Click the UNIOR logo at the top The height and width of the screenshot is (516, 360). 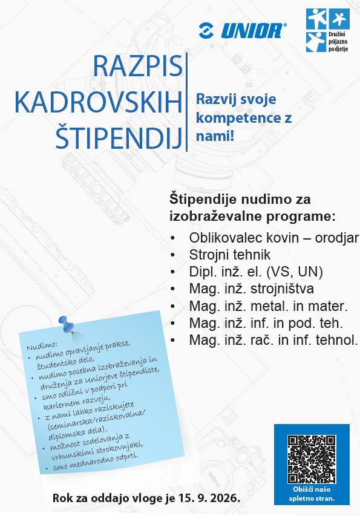(x=243, y=30)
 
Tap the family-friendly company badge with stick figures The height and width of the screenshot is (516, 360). (x=328, y=30)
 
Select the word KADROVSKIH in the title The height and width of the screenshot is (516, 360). (x=98, y=103)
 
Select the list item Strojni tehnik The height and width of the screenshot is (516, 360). (x=229, y=255)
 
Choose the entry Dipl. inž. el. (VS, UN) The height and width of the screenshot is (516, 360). (x=256, y=272)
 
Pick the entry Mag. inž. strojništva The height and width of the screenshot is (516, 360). (x=252, y=289)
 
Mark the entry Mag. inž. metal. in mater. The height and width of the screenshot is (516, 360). (x=267, y=305)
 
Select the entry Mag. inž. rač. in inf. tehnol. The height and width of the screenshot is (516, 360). (x=273, y=339)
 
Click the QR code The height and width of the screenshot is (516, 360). (x=312, y=459)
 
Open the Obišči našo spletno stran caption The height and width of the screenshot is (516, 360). (x=312, y=495)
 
